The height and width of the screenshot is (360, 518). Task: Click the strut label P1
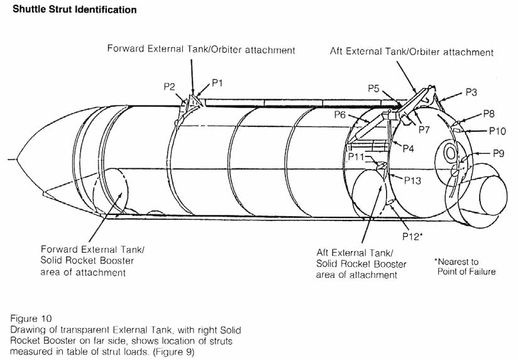pos(218,82)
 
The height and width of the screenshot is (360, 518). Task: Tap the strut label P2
pos(169,87)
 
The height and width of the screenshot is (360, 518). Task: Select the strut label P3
pos(472,92)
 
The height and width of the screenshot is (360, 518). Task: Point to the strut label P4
pos(407,148)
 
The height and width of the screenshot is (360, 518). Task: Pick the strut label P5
pos(373,89)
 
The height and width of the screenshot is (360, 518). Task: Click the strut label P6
pos(341,115)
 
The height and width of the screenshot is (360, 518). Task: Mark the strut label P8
pos(489,114)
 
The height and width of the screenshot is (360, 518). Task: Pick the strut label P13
pos(412,180)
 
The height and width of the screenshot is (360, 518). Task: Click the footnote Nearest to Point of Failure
pos(465,266)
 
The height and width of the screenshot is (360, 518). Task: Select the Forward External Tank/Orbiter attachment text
pos(201,49)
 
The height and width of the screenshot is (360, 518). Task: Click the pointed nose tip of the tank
pos(18,159)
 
